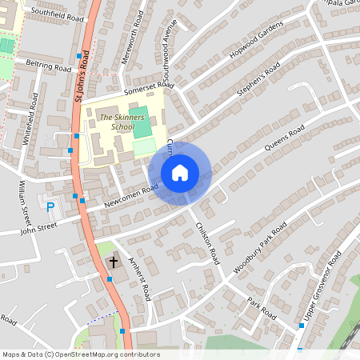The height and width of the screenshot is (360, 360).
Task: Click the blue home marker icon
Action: (x=180, y=172)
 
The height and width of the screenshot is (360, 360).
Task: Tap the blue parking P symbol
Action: (x=50, y=207)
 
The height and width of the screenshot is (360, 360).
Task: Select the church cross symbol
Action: (x=113, y=262)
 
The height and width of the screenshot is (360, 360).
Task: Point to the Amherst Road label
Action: (x=141, y=284)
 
